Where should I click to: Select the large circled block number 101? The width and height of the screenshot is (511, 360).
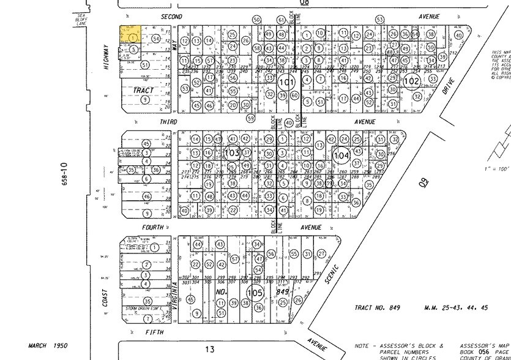[x=286, y=81]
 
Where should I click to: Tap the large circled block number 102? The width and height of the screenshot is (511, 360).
[x=412, y=80]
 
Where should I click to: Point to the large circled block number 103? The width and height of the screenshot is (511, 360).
[x=232, y=152]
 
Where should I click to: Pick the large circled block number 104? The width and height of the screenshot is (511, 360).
[x=341, y=156]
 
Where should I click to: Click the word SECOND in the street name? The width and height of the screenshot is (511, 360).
[x=167, y=17]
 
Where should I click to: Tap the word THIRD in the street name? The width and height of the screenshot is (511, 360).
[x=168, y=122]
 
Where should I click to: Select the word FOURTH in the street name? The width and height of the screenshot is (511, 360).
[x=154, y=227]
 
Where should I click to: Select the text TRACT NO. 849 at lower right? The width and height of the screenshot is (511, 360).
[x=377, y=307]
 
